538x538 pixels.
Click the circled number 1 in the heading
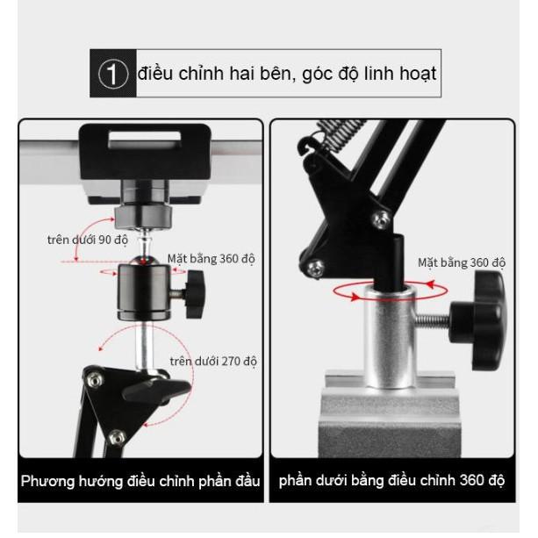point(113,74)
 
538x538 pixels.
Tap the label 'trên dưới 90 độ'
point(88,240)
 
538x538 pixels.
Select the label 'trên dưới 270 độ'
point(213,362)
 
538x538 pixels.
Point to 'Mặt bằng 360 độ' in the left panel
point(211,259)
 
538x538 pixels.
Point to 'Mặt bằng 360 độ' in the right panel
point(462,262)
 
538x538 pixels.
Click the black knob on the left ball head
point(195,294)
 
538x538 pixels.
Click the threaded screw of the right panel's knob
point(433,320)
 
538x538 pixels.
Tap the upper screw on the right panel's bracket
point(381,219)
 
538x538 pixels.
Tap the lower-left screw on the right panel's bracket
point(315,268)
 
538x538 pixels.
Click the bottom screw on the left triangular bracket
point(117,437)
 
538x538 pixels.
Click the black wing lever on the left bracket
point(156,390)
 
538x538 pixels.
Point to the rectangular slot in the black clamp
point(145,140)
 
